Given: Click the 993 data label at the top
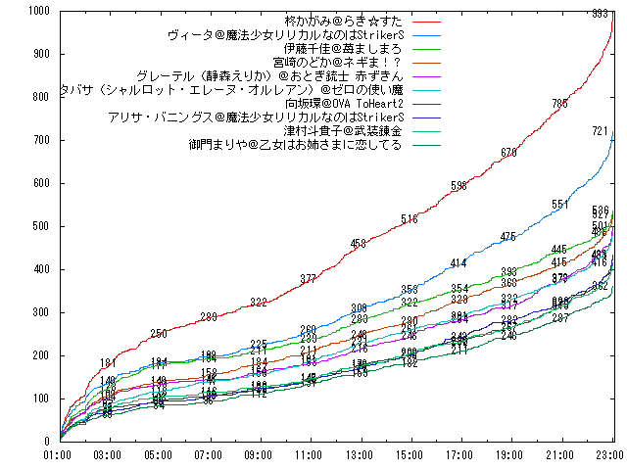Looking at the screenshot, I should pos(601,14).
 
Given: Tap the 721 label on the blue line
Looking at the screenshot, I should pos(601,130).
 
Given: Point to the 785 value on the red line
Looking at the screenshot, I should pos(559,104).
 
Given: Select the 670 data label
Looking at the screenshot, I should pos(508,153).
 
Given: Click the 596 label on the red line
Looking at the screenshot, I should pos(458,186).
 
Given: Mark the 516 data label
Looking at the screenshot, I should pos(409,219).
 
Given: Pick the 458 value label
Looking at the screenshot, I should pos(358,244).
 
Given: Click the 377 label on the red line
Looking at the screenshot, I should pos(308,279).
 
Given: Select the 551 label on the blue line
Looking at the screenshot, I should pos(559,205).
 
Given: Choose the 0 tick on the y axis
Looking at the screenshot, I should pos(49,441).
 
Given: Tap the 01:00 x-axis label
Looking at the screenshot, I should pos(59,455).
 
